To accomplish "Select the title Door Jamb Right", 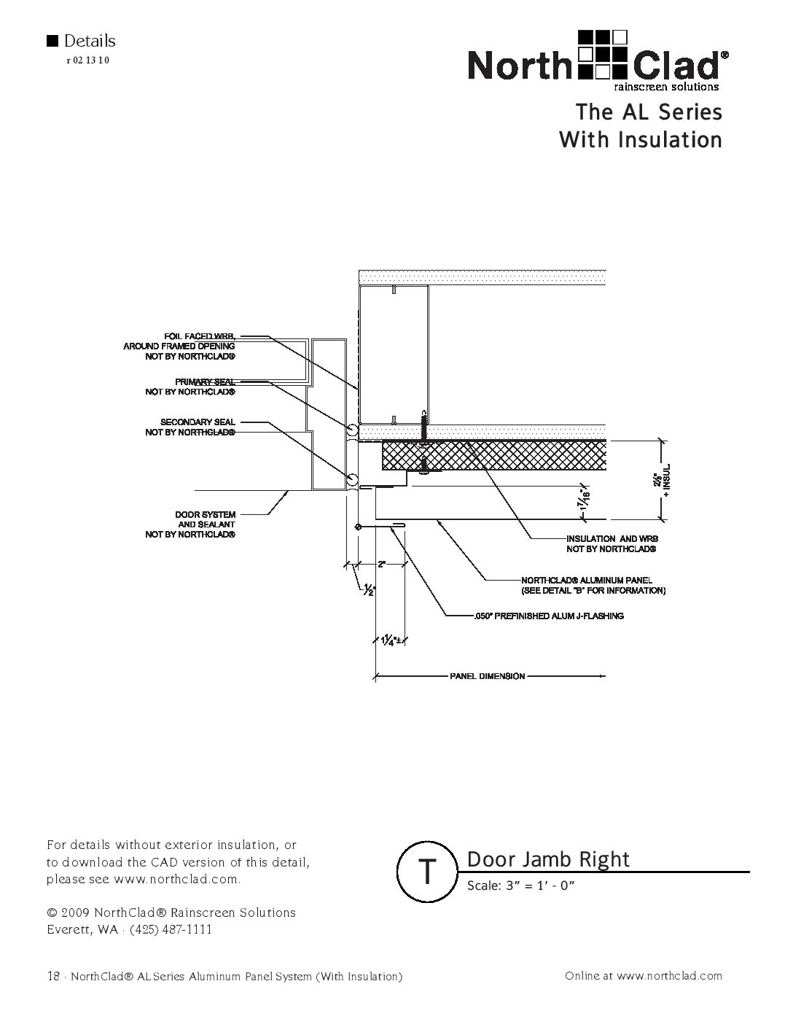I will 547,859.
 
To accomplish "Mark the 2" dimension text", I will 381,564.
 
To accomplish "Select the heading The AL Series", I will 648,112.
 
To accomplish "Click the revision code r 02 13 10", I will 87,61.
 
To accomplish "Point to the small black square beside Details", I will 52,41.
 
